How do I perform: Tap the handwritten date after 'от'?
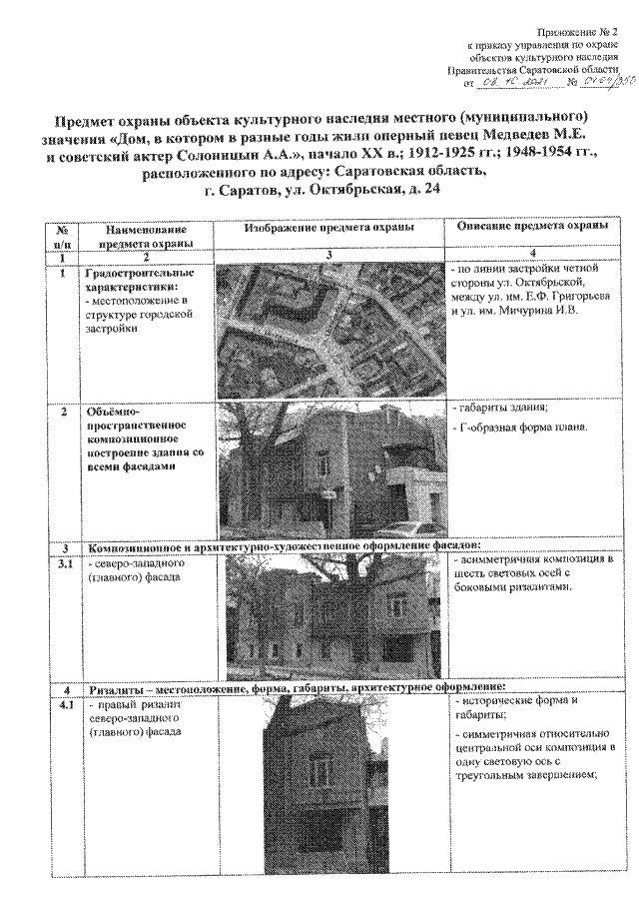507,82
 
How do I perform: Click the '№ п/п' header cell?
63,235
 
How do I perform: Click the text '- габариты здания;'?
499,410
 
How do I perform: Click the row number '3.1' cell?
63,565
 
